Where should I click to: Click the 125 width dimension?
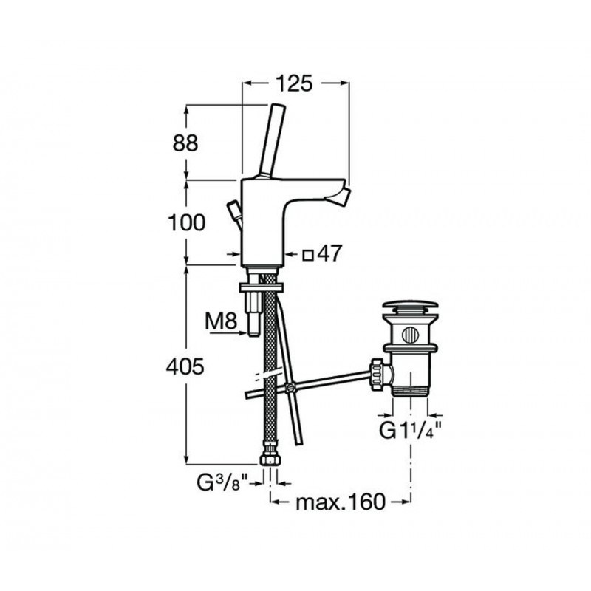[x=294, y=83]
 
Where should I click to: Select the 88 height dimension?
[x=185, y=143]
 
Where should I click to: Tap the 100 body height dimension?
[x=187, y=223]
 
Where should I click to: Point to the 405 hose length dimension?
[x=185, y=366]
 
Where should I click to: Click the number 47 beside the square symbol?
[x=329, y=253]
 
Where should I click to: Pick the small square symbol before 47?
[x=308, y=256]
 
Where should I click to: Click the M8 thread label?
[x=221, y=322]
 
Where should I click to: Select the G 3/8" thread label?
[x=222, y=484]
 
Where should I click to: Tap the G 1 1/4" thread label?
[x=410, y=431]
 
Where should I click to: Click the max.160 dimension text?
[x=341, y=502]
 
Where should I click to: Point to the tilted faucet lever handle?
[x=273, y=140]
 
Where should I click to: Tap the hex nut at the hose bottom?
[x=270, y=460]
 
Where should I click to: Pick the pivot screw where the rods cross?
[x=290, y=387]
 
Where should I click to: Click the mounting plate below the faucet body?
[x=262, y=287]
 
